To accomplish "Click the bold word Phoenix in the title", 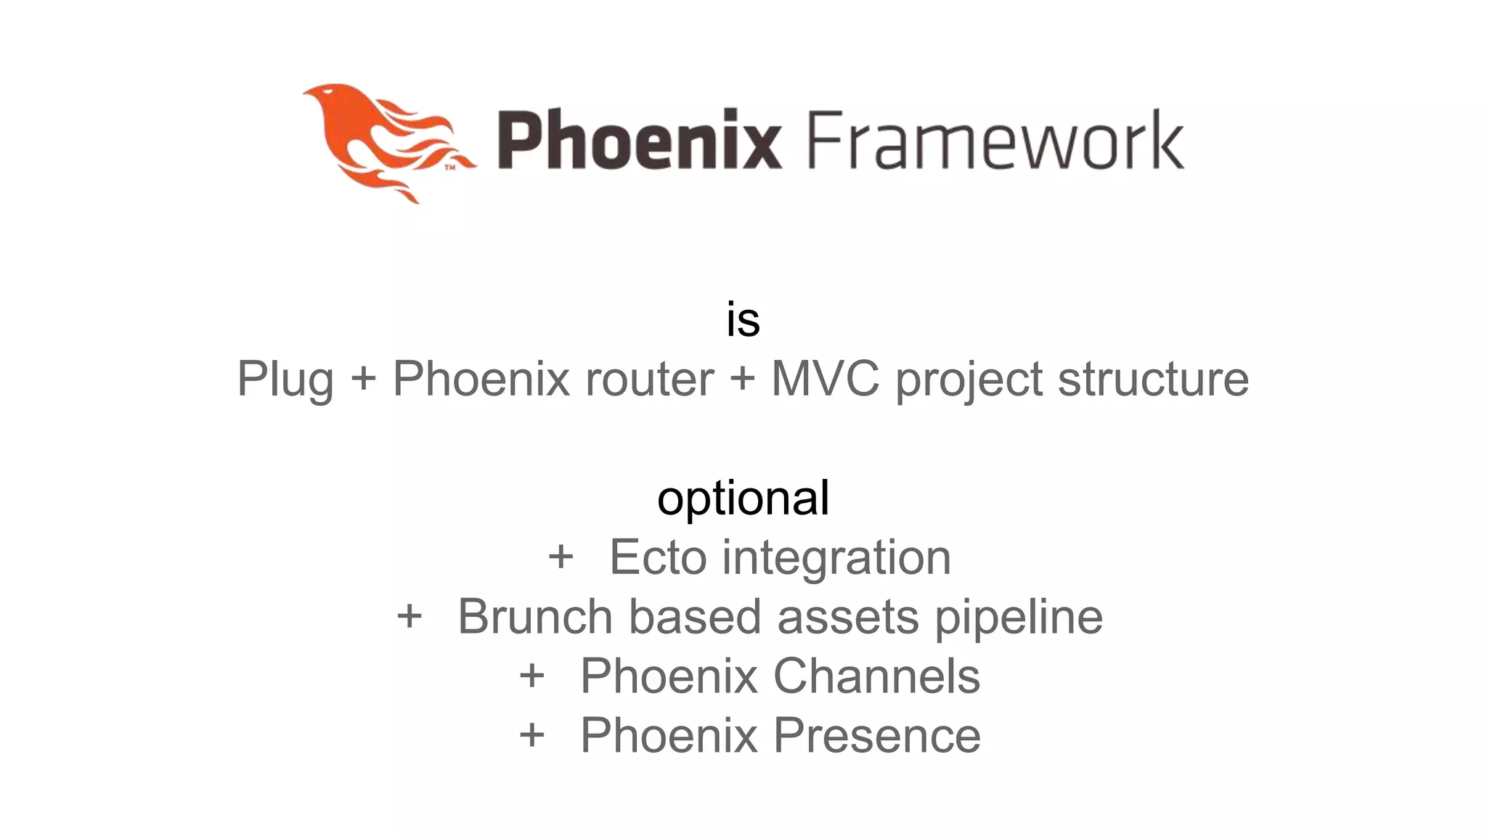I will [639, 139].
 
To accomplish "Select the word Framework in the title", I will [995, 139].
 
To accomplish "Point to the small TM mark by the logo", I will [450, 168].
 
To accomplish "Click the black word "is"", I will [743, 319].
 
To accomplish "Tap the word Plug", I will [285, 379].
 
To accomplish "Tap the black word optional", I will [743, 499].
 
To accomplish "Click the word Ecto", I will [658, 557].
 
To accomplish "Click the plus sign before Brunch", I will [410, 617].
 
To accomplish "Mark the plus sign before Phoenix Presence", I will [531, 736].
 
